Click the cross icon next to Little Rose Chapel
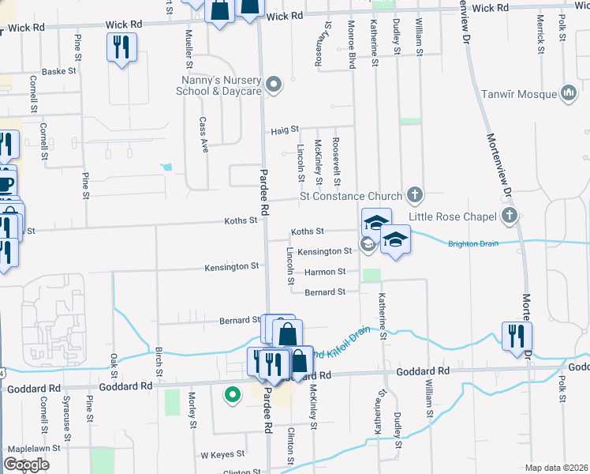pyautogui.click(x=510, y=216)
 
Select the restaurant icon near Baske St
pyautogui.click(x=121, y=47)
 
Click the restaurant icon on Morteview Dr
pyautogui.click(x=517, y=335)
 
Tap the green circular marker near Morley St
pyautogui.click(x=232, y=394)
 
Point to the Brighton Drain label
pyautogui.click(x=473, y=243)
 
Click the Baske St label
pyautogui.click(x=59, y=71)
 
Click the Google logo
pyautogui.click(x=26, y=465)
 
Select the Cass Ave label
pyautogui.click(x=203, y=134)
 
